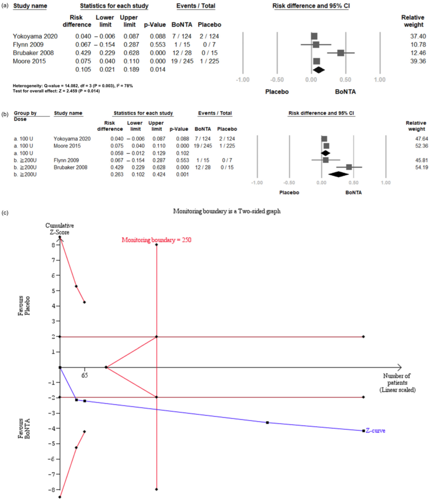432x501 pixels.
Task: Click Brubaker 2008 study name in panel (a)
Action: (x=33, y=53)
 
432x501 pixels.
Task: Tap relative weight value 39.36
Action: (x=418, y=61)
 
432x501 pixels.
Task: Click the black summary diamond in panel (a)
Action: (x=318, y=70)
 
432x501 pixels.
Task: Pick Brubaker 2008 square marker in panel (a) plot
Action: (x=341, y=53)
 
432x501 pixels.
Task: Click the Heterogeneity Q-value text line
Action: (x=72, y=86)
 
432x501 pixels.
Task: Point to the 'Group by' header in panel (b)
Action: (x=25, y=113)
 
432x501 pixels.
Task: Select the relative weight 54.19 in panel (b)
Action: (x=421, y=167)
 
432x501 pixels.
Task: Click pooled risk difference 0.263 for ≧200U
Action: (x=117, y=175)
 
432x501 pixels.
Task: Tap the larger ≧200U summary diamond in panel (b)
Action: (x=338, y=174)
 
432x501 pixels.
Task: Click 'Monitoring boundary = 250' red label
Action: (x=156, y=240)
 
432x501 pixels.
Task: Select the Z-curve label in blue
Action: (x=376, y=431)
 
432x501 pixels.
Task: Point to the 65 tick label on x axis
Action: (x=85, y=375)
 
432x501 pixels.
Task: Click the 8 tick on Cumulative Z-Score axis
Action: (x=54, y=245)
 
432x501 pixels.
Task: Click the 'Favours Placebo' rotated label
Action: (x=24, y=306)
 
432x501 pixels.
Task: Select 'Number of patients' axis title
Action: (x=397, y=379)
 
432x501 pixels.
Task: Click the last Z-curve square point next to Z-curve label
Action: (x=363, y=431)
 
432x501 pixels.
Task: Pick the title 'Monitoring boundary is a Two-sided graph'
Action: (x=227, y=211)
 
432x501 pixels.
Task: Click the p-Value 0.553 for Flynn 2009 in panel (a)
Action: (x=158, y=45)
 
